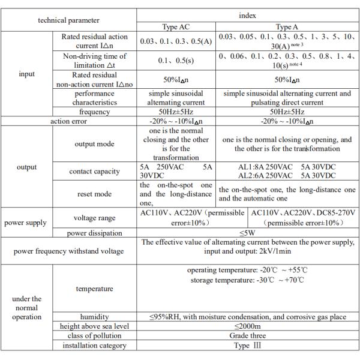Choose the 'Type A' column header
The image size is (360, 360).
pos(286,27)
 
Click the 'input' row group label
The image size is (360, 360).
pos(26,74)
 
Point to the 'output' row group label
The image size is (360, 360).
pos(26,167)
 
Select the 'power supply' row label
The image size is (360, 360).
pos(26,223)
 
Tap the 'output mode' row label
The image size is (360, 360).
pos(94,144)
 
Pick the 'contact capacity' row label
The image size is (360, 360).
pos(94,171)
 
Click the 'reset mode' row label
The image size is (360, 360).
pos(94,194)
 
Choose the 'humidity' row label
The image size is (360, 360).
pos(94,316)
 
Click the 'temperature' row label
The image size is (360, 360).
pos(94,289)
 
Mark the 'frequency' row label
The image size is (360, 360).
pos(94,112)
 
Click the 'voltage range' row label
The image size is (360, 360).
pos(94,218)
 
